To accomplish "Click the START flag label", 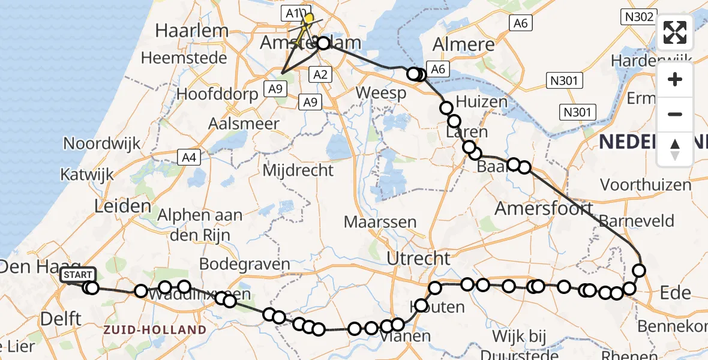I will [77, 275].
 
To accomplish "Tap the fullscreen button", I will [675, 32].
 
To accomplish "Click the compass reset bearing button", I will [675, 149].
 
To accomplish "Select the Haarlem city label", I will [191, 31].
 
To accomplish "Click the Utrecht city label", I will [418, 259].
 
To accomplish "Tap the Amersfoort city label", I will [544, 209].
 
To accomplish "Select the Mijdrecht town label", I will [298, 170].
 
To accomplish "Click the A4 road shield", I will [189, 158].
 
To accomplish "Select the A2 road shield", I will [319, 74].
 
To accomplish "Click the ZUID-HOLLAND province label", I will [154, 330].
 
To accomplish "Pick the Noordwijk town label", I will [101, 143].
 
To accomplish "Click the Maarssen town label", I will [380, 222].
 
